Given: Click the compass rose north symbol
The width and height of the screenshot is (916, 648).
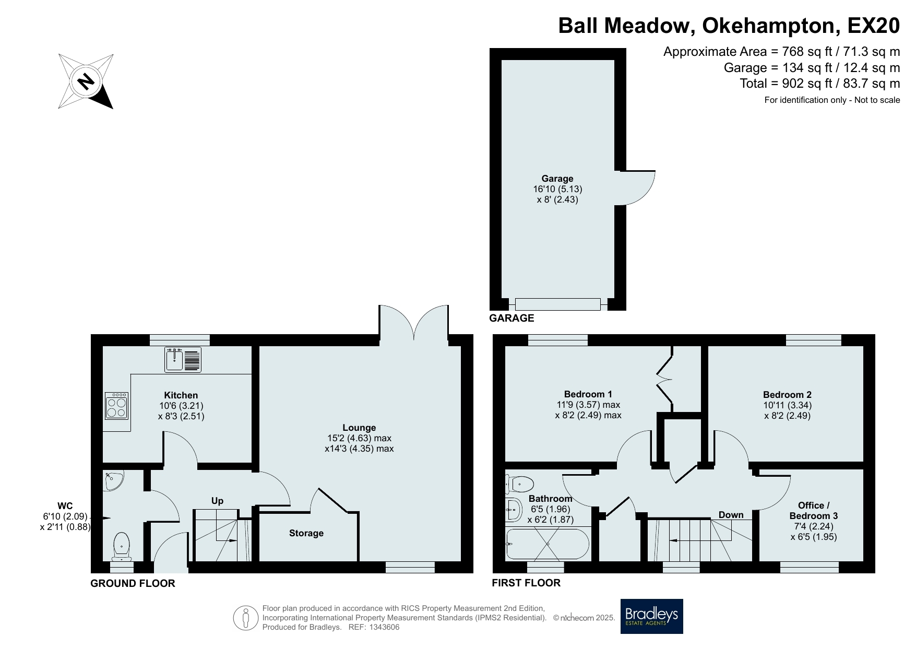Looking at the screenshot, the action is point(86,81).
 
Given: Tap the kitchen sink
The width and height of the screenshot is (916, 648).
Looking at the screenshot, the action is point(183,359).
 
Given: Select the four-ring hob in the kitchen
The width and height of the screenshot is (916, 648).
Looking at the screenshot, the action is point(116,406).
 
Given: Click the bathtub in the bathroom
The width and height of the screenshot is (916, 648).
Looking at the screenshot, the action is point(548,544).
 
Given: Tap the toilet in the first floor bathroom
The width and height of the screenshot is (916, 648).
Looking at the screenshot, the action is point(519,484).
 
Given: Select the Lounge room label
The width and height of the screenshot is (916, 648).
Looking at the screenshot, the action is point(359,428).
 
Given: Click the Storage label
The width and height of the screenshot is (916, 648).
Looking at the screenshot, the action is point(306,533).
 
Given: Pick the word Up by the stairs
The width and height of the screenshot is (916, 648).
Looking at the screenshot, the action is point(217,501).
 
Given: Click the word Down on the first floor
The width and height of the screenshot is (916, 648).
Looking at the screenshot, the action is point(731,515).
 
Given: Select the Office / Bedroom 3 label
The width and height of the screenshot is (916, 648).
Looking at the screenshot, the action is point(814,511).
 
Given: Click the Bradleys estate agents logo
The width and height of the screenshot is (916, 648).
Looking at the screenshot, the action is point(651,616).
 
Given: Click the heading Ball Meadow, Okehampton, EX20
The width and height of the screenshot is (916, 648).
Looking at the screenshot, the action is point(729,26).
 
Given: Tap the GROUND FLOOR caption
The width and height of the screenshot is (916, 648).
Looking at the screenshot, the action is point(133,583).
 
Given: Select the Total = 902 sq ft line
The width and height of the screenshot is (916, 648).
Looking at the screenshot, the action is point(820,83).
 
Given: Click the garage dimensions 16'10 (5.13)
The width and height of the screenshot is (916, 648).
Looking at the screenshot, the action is point(557,189).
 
